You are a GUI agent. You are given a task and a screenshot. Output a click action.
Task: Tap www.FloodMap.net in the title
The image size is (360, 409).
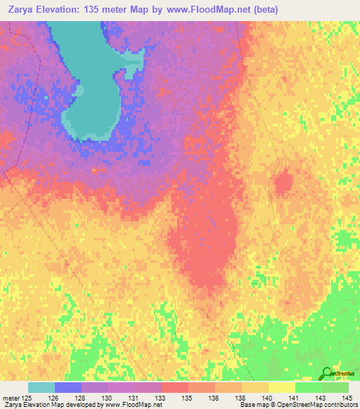click(202, 10)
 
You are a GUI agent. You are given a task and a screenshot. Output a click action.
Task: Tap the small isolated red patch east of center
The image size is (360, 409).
click(283, 184)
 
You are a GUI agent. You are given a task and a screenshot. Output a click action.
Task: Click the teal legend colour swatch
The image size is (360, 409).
click(41, 387)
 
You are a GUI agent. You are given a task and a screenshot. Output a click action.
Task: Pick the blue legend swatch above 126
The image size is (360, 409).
click(68, 387)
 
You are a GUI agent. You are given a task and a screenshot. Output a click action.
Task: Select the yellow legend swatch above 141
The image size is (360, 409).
click(282, 387)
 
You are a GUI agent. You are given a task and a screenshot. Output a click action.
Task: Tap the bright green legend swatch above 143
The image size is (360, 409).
click(309, 387)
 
